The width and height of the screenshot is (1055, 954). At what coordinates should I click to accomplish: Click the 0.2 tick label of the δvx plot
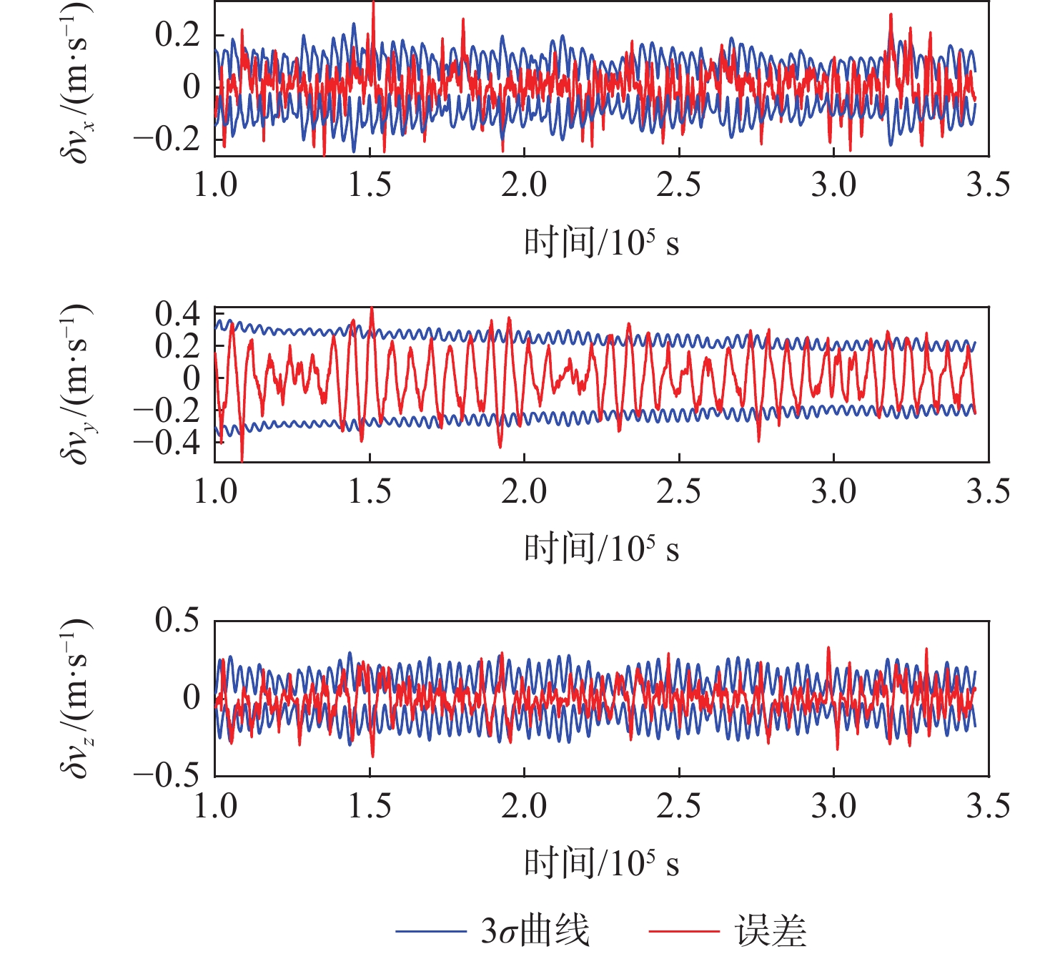177,35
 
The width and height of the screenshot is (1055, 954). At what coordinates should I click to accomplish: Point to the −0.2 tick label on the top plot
167,138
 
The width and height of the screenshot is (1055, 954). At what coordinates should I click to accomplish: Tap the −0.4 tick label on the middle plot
167,441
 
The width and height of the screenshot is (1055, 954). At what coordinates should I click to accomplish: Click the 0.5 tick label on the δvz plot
177,620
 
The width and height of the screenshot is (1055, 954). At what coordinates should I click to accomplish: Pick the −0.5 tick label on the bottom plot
167,775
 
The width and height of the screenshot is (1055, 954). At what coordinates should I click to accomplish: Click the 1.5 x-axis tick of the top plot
370,185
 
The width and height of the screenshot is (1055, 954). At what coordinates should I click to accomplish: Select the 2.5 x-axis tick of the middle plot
678,492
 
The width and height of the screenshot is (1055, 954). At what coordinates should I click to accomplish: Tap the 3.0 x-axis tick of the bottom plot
833,807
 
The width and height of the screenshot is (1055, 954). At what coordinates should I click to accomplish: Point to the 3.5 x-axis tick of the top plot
988,185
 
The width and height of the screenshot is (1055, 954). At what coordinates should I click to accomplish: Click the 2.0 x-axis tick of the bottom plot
524,807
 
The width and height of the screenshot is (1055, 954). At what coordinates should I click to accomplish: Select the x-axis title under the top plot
601,243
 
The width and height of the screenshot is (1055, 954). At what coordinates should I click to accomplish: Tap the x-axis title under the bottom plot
601,864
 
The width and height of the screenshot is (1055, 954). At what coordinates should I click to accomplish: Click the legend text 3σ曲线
535,931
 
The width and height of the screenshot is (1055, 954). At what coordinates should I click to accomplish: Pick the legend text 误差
770,931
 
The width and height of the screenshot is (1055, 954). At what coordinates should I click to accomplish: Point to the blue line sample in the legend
430,931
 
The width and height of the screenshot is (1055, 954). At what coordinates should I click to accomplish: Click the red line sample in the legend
683,931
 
